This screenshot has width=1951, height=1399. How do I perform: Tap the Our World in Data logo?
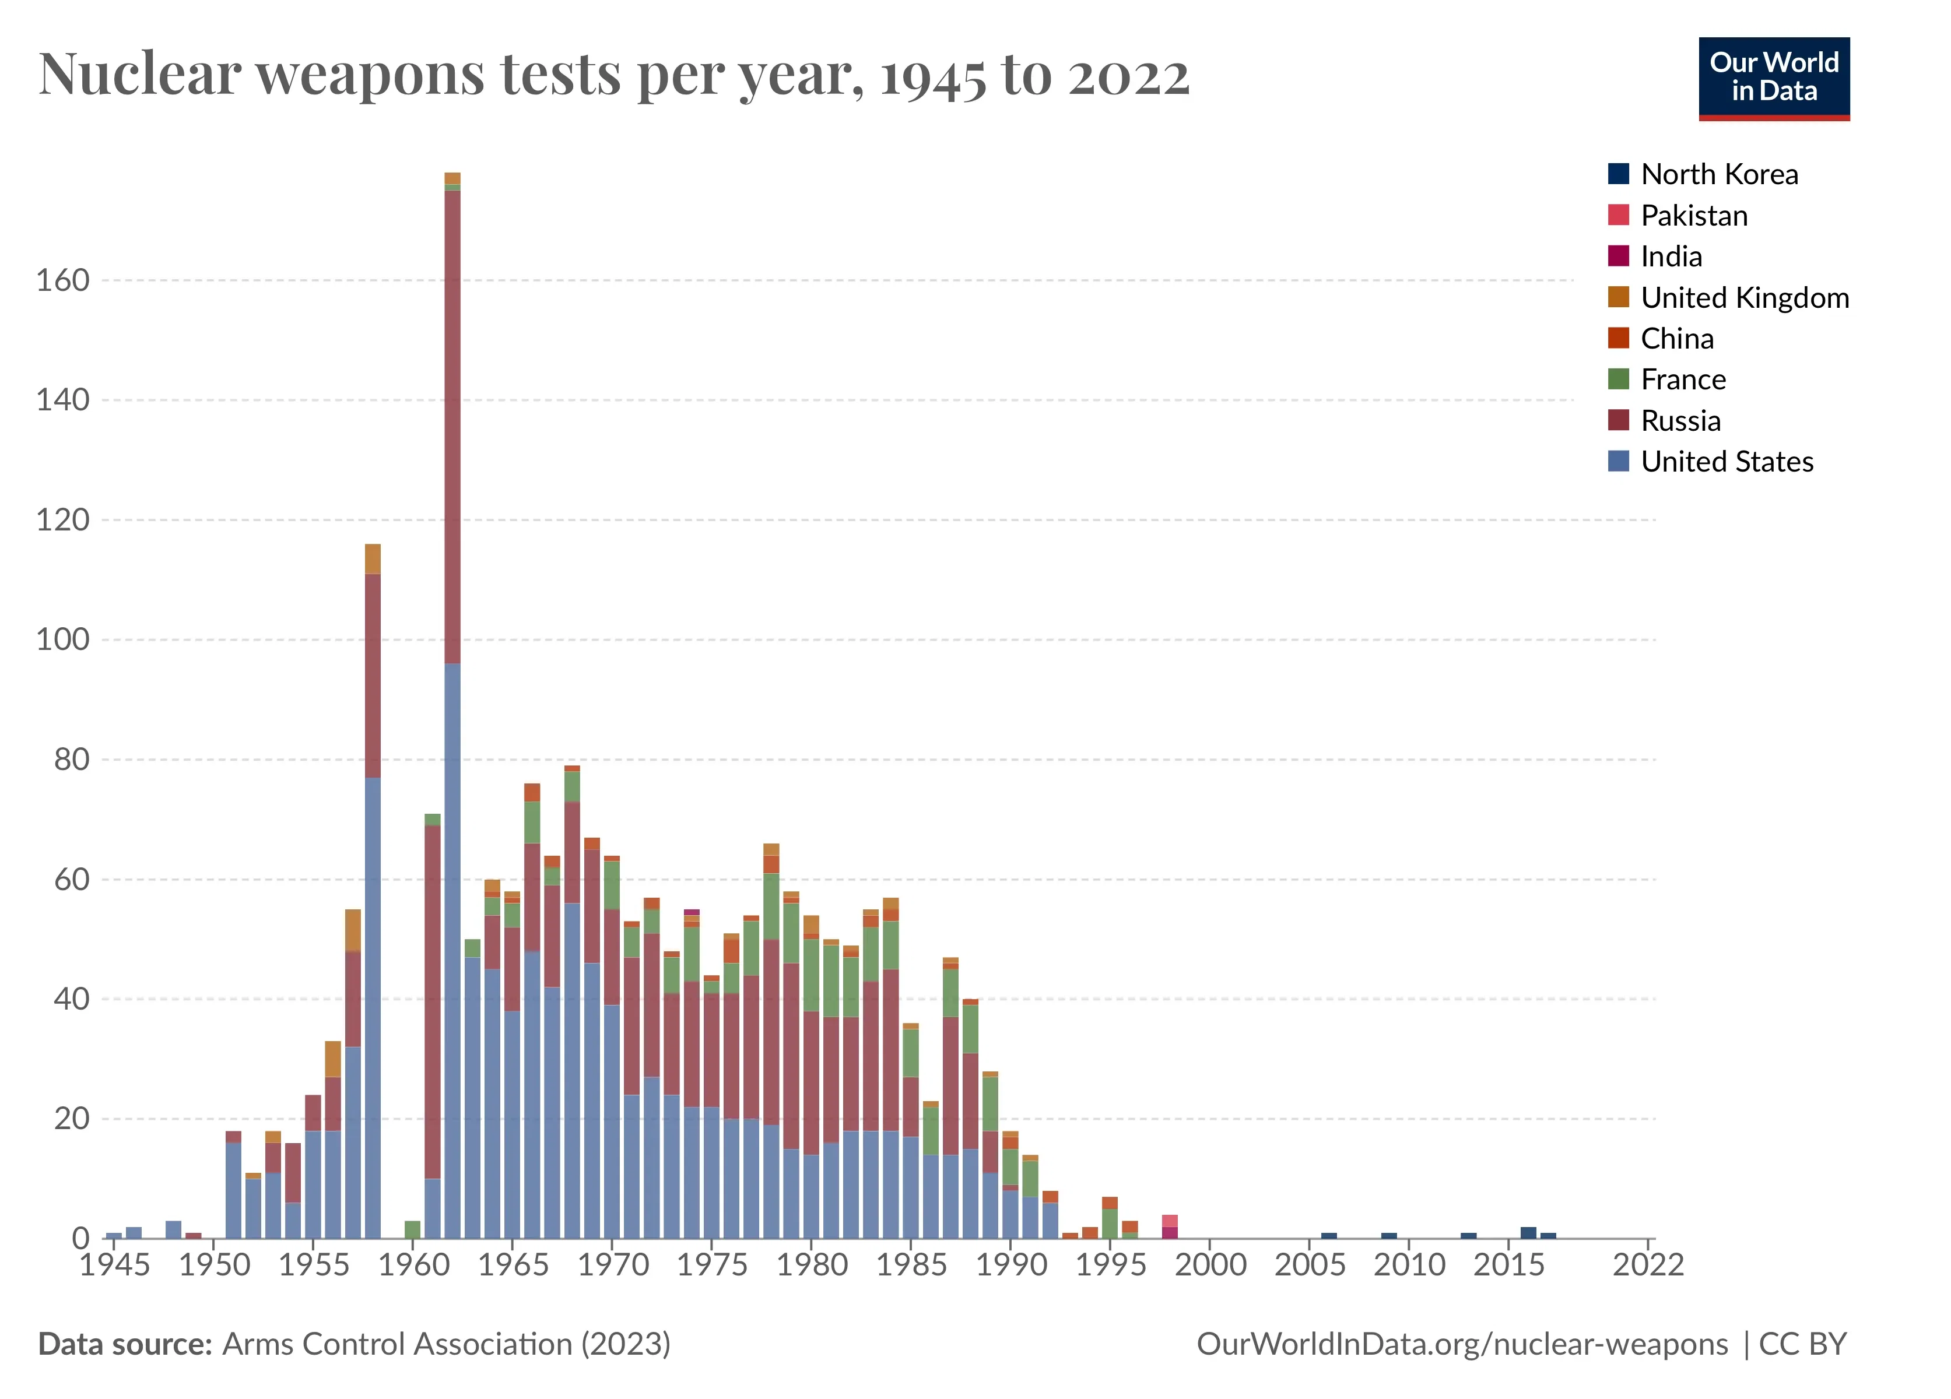tap(1773, 78)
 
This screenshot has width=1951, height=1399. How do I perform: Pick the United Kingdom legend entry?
tap(1743, 297)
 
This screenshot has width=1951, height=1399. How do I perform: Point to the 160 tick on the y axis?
tap(63, 280)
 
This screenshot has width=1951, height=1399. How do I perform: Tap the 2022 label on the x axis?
tap(1647, 1265)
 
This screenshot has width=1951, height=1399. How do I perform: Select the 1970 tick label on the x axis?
tap(612, 1265)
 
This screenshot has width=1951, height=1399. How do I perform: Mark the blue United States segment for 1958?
tap(373, 1006)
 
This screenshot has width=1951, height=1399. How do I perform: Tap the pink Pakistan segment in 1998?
tap(1169, 1221)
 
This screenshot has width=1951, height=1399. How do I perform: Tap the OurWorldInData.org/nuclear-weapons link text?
tap(1462, 1344)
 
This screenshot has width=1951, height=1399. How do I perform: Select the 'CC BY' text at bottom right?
tap(1803, 1344)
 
